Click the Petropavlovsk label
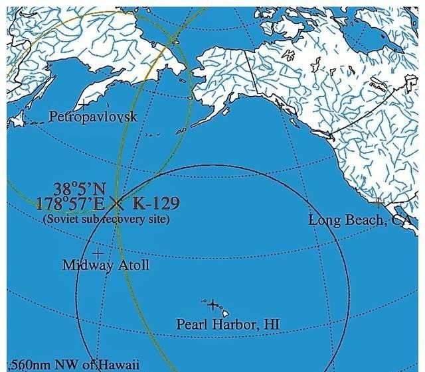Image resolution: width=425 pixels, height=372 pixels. pyautogui.click(x=93, y=117)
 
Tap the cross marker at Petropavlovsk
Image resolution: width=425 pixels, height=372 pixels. pyautogui.click(x=82, y=104)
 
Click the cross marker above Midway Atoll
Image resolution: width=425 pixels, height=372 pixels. pyautogui.click(x=98, y=253)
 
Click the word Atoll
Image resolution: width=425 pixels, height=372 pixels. pyautogui.click(x=132, y=265)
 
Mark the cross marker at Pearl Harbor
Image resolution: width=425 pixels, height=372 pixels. pyautogui.click(x=212, y=305)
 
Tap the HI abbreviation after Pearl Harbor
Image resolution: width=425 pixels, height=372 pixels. pyautogui.click(x=272, y=325)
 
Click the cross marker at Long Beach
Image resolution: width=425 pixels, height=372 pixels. pyautogui.click(x=379, y=200)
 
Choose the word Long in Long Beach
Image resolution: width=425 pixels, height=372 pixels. pyautogui.click(x=323, y=219)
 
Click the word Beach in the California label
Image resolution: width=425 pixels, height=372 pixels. pyautogui.click(x=363, y=219)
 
